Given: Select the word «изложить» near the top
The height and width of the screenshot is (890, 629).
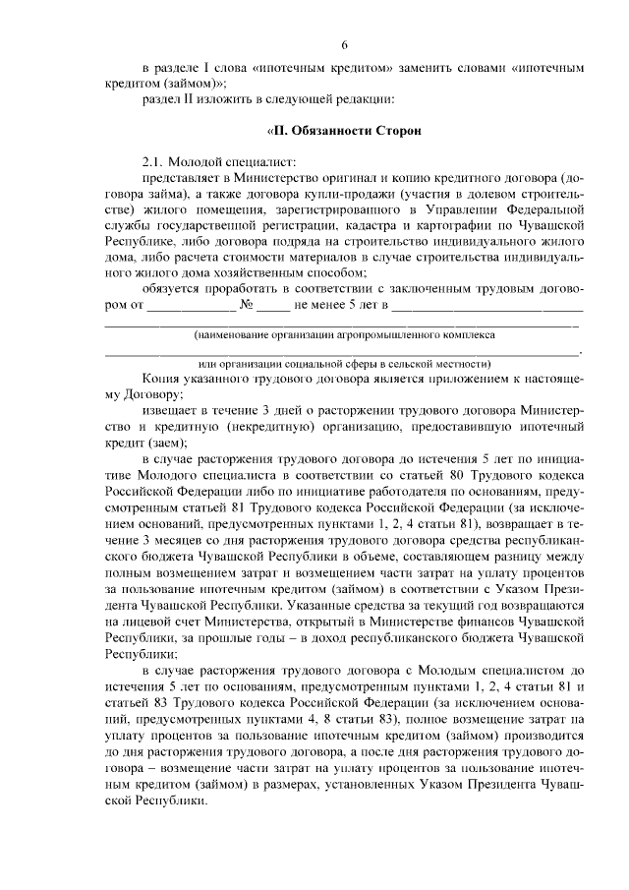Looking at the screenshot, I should click(226, 98).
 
